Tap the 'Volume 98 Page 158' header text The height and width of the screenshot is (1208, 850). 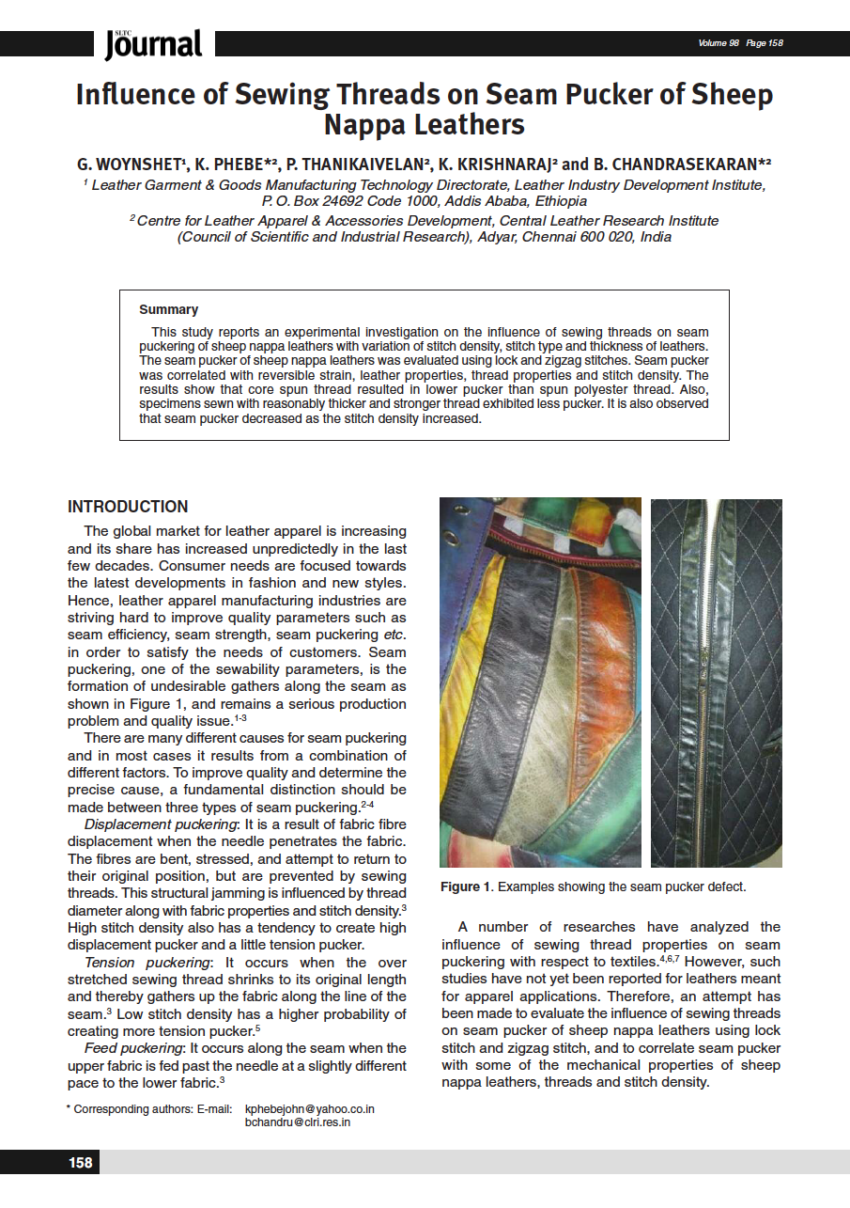740,43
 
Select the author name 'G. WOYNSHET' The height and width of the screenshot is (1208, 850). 131,165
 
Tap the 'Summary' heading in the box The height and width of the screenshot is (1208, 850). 168,309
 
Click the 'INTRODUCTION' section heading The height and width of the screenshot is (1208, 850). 128,507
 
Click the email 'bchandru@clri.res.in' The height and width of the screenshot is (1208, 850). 298,1122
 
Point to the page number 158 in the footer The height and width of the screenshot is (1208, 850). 81,1163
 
